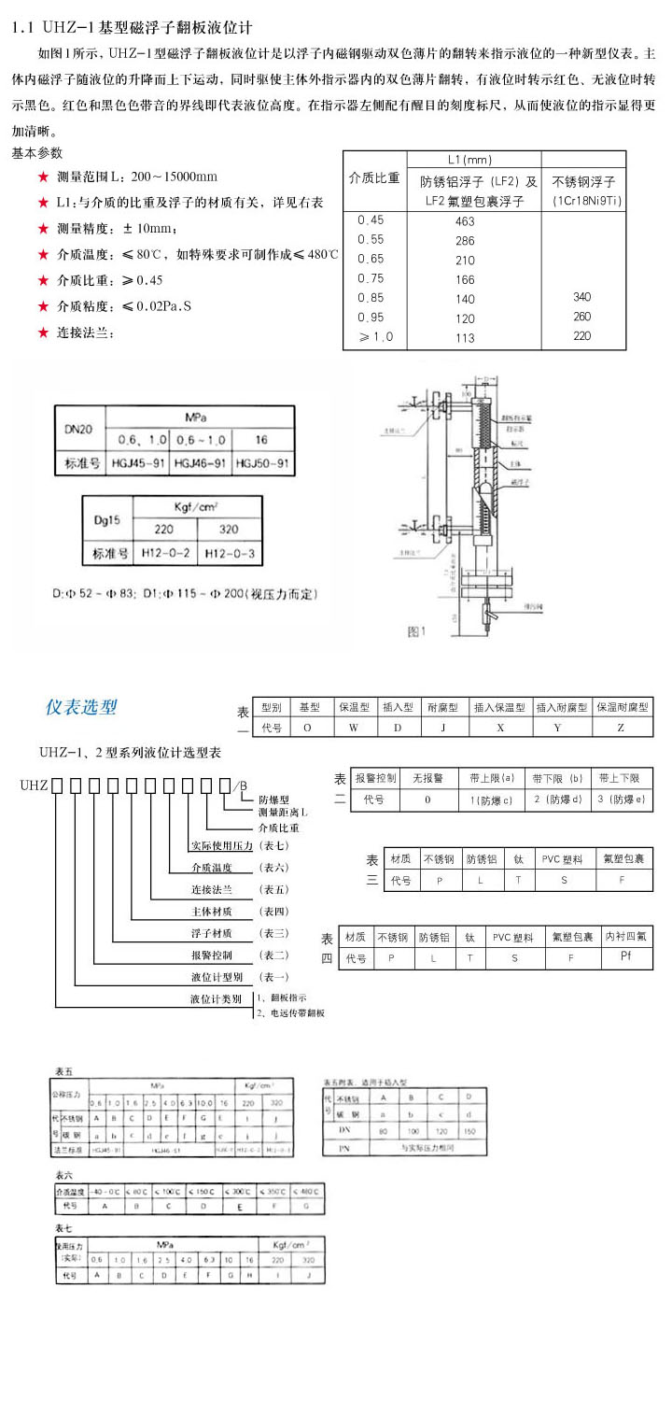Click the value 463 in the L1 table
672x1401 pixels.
point(465,221)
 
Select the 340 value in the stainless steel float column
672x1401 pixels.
point(581,297)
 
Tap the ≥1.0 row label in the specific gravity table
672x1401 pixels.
point(371,337)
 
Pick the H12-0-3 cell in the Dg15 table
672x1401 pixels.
point(229,553)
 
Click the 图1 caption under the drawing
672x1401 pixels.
point(416,631)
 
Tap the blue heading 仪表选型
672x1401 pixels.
point(82,707)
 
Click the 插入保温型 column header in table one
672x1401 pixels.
point(499,708)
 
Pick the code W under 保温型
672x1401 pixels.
point(354,727)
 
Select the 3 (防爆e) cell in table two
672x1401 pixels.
point(620,800)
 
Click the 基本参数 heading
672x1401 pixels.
point(37,152)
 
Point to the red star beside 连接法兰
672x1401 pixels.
point(43,332)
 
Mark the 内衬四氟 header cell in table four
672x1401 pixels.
point(626,936)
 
